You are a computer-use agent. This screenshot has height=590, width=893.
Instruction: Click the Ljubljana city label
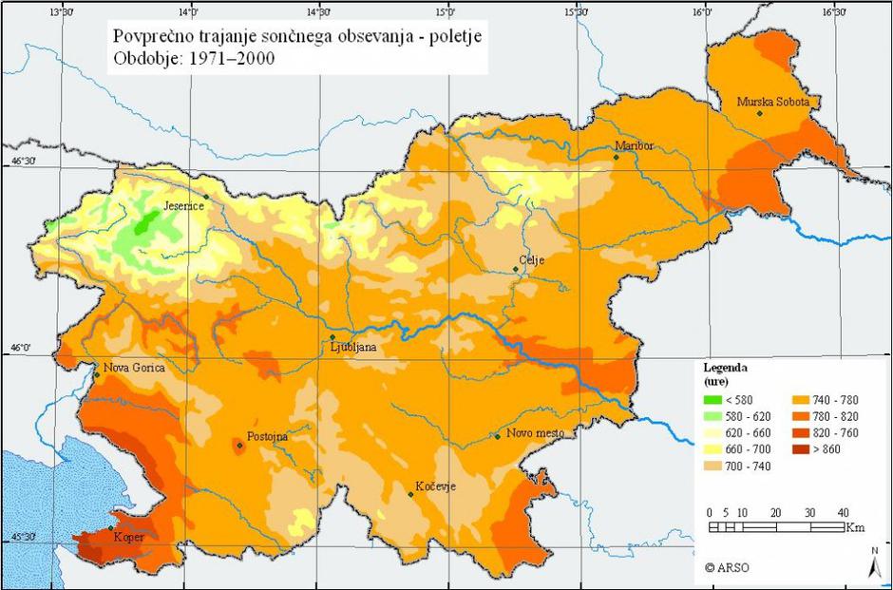tap(353, 348)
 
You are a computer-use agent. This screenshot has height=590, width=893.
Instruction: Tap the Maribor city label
tap(636, 145)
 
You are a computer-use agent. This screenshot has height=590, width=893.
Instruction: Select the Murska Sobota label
tap(778, 102)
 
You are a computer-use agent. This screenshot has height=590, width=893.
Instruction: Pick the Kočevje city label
tap(435, 486)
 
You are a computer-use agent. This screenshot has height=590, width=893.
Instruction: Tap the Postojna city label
tap(267, 436)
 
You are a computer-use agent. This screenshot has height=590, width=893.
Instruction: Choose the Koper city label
tap(129, 537)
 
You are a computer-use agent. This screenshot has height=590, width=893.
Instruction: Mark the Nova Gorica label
tap(134, 368)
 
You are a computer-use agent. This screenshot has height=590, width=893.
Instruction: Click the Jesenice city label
tap(184, 205)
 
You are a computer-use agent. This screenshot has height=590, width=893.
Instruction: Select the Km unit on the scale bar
tap(854, 527)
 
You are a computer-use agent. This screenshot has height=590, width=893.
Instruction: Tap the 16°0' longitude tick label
tap(702, 12)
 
